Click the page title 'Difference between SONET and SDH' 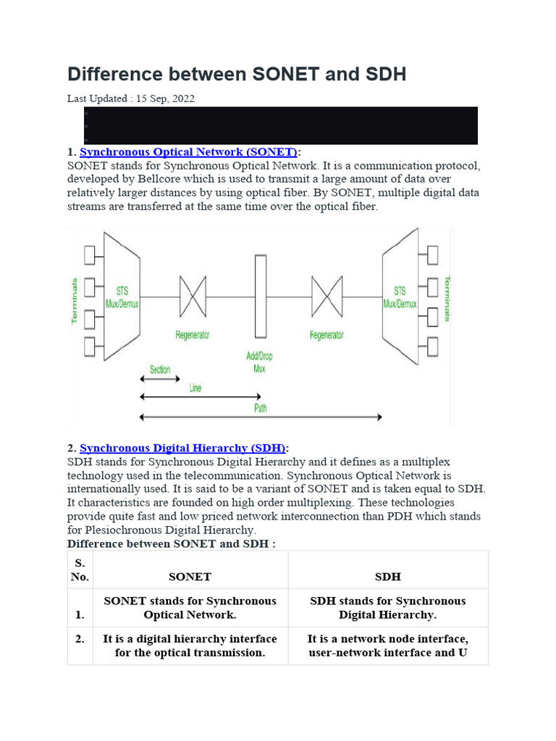(237, 75)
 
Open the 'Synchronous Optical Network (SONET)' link (188, 152)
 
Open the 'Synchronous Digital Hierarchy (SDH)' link (183, 448)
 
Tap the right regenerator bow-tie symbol (327, 297)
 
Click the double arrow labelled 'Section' (160, 380)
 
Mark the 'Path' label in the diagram (261, 408)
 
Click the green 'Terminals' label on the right (447, 297)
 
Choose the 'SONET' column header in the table (190, 577)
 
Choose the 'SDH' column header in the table (387, 577)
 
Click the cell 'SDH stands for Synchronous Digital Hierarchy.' (387, 608)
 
